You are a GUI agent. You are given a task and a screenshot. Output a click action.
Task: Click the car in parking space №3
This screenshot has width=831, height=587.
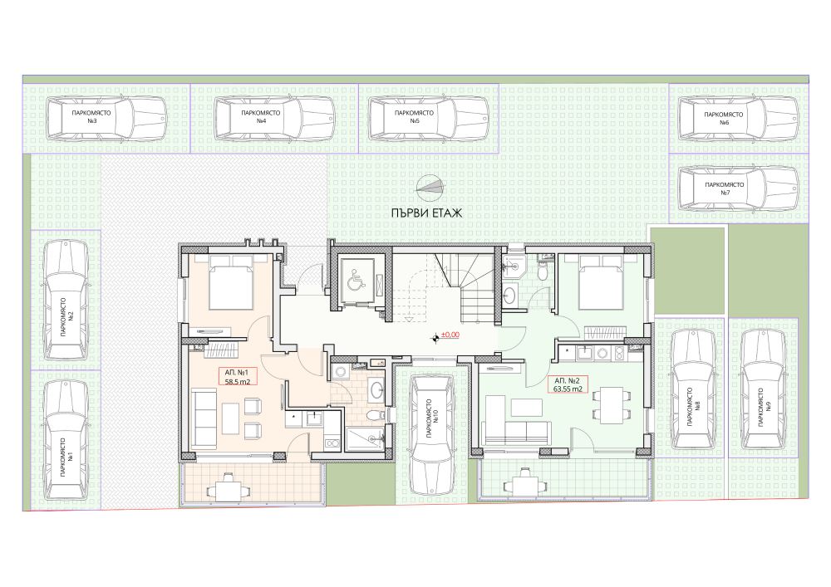106,118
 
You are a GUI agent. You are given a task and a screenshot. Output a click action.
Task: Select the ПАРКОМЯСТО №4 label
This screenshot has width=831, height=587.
260,117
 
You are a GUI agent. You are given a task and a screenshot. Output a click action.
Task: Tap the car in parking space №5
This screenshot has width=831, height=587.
428,118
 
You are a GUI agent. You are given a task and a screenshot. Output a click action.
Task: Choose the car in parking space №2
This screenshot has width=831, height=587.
66,300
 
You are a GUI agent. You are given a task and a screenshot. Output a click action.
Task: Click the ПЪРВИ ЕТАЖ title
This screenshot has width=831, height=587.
426,213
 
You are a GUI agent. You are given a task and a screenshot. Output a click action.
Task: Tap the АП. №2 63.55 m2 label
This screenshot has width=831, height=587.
568,384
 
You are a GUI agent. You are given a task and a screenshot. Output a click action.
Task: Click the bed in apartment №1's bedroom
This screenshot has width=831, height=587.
230,281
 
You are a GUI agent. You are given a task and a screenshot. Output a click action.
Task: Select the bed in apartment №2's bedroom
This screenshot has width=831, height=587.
601,281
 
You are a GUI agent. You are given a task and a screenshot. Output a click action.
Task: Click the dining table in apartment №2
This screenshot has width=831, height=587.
611,403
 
